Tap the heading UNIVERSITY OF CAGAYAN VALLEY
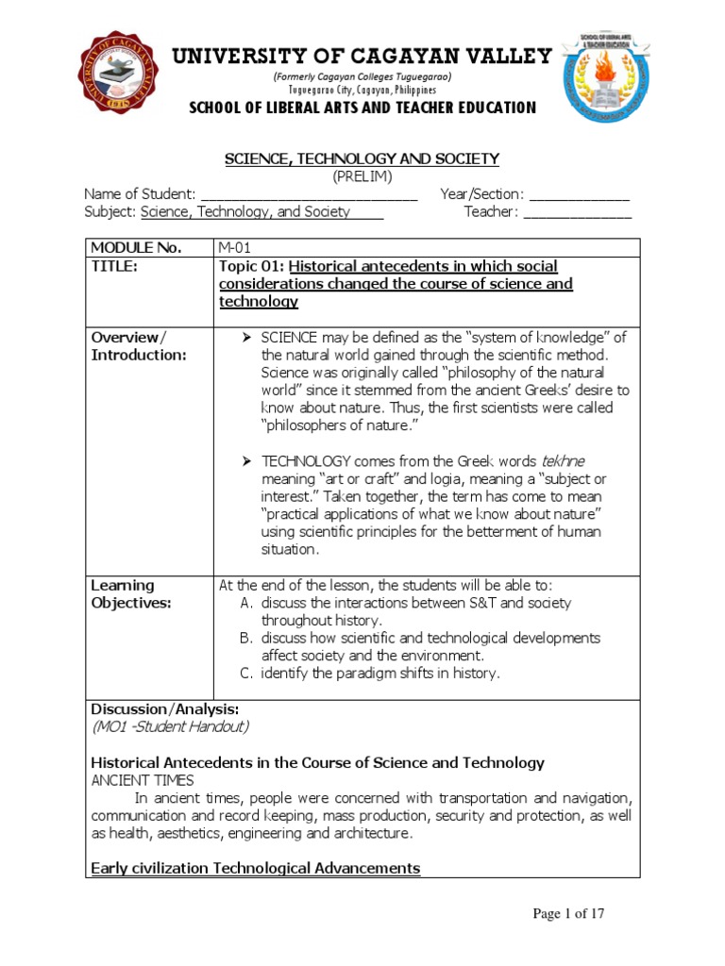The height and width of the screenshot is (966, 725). pyautogui.click(x=362, y=57)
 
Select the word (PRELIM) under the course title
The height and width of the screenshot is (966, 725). pyautogui.click(x=362, y=176)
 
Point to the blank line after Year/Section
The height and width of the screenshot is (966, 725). pyautogui.click(x=579, y=194)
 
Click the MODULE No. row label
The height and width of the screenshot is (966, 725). pyautogui.click(x=135, y=248)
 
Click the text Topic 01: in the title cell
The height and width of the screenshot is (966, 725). pyautogui.click(x=247, y=266)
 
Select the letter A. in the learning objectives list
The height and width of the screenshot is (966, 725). pyautogui.click(x=248, y=603)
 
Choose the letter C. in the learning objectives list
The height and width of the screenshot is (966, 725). pyautogui.click(x=248, y=673)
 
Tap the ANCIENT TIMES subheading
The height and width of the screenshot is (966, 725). pyautogui.click(x=143, y=780)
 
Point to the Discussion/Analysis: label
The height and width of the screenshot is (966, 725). pyautogui.click(x=164, y=708)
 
